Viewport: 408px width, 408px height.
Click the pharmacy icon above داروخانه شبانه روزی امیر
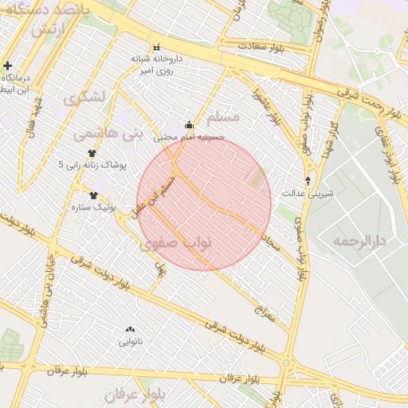pyautogui.click(x=156, y=46)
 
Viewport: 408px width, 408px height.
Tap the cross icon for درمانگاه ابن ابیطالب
pyautogui.click(x=8, y=65)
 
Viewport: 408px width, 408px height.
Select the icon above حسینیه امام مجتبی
pyautogui.click(x=189, y=124)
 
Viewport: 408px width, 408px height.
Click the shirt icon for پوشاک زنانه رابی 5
pyautogui.click(x=92, y=153)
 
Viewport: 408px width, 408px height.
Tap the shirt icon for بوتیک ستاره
pyautogui.click(x=94, y=195)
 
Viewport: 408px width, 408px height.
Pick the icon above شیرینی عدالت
pyautogui.click(x=308, y=180)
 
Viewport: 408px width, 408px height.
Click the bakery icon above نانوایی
pyautogui.click(x=130, y=329)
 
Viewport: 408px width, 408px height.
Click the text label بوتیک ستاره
pyautogui.click(x=117, y=206)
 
